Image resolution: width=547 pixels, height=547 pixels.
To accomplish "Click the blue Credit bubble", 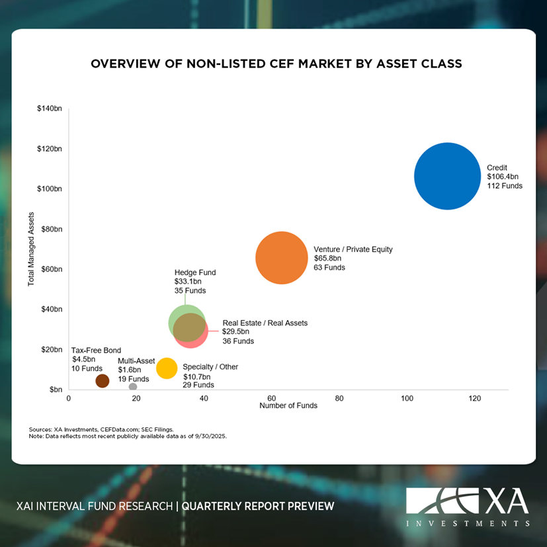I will (448, 177).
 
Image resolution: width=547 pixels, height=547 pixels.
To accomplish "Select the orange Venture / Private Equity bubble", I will (282, 258).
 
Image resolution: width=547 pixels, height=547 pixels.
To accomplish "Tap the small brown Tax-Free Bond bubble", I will (103, 380).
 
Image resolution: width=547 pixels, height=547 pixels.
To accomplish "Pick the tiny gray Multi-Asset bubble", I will (133, 387).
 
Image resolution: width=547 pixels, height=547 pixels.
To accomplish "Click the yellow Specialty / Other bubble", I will (167, 368).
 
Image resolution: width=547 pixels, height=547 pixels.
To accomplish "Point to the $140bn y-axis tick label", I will (50, 108).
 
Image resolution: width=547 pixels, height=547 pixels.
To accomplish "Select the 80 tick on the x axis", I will (339, 399).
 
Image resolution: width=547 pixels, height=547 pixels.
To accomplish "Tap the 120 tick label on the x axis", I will (474, 399).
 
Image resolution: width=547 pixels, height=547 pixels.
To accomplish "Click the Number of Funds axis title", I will (288, 406).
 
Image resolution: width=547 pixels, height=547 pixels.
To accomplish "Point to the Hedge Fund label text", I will (195, 273).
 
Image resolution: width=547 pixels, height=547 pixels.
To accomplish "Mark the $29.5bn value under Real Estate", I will (236, 332).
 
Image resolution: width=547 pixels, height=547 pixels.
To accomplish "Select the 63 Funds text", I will (329, 268).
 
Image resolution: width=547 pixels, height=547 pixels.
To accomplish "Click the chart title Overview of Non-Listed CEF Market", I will (276, 64).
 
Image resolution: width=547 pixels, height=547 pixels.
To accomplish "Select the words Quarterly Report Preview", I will (258, 507).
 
